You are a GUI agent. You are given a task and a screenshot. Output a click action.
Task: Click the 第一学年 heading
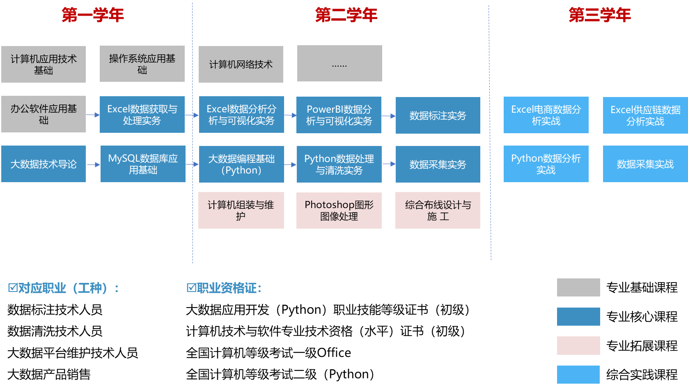click(x=93, y=15)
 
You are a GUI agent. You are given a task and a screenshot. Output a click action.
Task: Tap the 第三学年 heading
click(x=600, y=15)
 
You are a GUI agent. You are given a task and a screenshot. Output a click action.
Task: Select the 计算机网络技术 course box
click(x=241, y=64)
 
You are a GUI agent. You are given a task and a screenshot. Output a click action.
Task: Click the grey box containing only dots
click(x=339, y=63)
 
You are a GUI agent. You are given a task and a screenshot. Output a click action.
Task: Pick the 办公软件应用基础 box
click(x=44, y=114)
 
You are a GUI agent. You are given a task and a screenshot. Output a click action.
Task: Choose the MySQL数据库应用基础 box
click(x=143, y=164)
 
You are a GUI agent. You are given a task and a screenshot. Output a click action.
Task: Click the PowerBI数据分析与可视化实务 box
click(x=339, y=115)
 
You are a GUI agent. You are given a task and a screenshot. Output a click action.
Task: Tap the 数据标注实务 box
click(x=438, y=116)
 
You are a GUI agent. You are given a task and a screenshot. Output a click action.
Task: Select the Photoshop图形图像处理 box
click(x=339, y=210)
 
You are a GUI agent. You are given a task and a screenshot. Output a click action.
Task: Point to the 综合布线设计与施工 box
click(x=438, y=210)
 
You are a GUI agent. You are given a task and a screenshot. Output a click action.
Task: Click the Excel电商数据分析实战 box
click(x=546, y=115)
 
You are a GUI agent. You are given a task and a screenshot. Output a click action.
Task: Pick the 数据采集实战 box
click(x=645, y=164)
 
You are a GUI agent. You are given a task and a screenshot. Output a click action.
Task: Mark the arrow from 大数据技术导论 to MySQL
click(x=94, y=164)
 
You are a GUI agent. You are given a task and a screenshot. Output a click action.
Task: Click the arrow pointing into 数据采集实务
click(x=389, y=164)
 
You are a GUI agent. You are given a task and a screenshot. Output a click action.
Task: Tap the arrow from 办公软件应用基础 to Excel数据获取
click(x=93, y=115)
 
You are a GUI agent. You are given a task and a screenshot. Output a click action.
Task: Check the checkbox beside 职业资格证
click(x=191, y=288)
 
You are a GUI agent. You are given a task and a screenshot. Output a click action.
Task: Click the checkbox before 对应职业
click(x=13, y=288)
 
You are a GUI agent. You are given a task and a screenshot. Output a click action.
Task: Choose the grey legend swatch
click(x=578, y=287)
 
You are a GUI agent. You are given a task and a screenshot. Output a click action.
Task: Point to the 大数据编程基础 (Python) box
click(x=241, y=164)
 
